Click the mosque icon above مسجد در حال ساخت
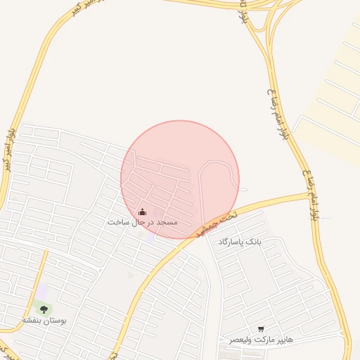(x=142, y=212)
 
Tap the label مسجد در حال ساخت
(x=142, y=222)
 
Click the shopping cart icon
(x=261, y=328)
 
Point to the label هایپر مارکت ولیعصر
(x=261, y=339)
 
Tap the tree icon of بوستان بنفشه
(x=44, y=309)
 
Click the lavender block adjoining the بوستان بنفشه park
(x=42, y=290)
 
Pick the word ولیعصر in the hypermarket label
(x=240, y=339)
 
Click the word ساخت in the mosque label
(x=117, y=222)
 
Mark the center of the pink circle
(x=180, y=179)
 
